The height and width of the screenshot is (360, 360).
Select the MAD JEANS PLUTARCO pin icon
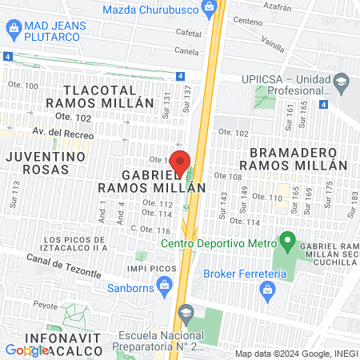14,30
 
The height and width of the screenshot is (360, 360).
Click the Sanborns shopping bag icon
164,283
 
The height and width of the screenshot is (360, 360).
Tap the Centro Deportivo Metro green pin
287,239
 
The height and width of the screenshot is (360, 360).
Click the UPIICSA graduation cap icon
342,81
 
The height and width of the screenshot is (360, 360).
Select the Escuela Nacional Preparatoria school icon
186,312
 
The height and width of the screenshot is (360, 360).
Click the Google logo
26,350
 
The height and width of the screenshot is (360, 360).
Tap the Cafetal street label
187,34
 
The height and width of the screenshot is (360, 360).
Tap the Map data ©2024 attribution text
296,354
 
